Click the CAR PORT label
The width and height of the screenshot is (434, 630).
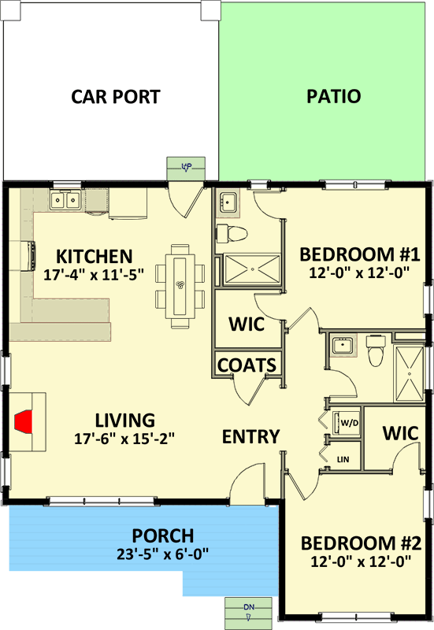(116, 97)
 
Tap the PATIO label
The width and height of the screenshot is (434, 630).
(333, 96)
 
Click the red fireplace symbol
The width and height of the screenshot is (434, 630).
(24, 421)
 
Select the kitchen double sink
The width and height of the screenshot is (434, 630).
(65, 200)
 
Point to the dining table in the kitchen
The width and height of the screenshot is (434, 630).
(180, 285)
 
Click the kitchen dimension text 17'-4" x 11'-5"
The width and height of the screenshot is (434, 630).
(94, 275)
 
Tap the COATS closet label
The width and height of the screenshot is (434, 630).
(247, 365)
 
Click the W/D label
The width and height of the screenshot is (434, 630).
(349, 423)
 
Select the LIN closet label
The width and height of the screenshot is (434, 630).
(343, 459)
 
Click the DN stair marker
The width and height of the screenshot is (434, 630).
(249, 607)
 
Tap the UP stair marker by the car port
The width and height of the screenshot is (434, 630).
(187, 166)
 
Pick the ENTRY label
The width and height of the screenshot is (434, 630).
(250, 437)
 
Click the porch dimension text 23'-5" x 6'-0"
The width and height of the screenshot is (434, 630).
(163, 554)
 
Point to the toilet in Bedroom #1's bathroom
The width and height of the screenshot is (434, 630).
(232, 234)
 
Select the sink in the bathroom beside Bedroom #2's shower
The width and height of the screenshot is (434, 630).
(343, 345)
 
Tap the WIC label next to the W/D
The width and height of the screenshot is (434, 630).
(400, 433)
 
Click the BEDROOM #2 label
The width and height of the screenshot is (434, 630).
(361, 543)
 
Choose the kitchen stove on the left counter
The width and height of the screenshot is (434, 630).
(28, 256)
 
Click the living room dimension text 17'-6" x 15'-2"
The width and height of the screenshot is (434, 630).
(124, 439)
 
